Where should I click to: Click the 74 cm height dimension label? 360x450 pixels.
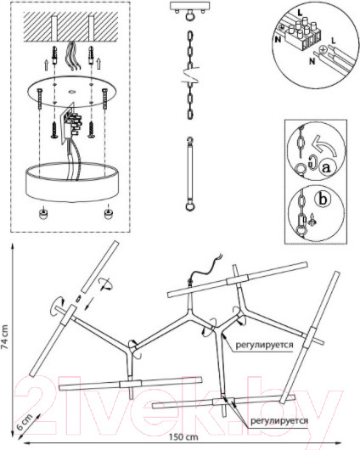coord(5,336)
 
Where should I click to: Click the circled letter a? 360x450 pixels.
coord(326,167)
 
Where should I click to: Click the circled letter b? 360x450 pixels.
coord(323,199)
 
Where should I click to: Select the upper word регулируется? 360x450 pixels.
coord(264,345)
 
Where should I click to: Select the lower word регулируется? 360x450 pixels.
coord(279,421)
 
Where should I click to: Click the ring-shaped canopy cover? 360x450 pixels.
coord(72,182)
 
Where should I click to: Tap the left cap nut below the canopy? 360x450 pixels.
coord(42,213)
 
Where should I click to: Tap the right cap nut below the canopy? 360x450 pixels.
coord(108,212)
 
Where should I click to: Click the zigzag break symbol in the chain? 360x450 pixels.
coord(189,76)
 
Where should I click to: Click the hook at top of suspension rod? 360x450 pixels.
coord(189,141)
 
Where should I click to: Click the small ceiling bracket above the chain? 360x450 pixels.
coord(189,6)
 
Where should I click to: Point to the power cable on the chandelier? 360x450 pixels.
coord(205,267)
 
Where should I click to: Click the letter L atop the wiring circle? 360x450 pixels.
coord(300,13)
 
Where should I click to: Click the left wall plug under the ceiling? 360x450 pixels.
coord(54,56)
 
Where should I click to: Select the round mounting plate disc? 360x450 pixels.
coord(72,91)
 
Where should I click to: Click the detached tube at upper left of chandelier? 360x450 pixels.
coord(99,267)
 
